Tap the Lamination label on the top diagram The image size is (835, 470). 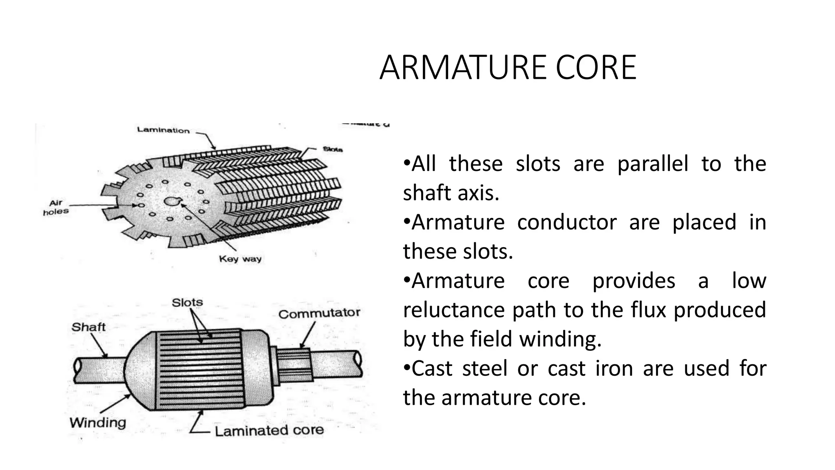[x=163, y=130]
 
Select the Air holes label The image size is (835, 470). [x=55, y=207]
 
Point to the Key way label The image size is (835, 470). [x=240, y=259]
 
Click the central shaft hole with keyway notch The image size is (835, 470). [x=171, y=201]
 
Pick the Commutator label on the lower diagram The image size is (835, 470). [x=319, y=313]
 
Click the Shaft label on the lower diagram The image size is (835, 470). [x=88, y=327]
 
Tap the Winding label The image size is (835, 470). [x=97, y=422]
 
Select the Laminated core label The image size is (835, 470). [x=269, y=430]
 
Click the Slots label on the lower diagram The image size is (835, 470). [x=187, y=302]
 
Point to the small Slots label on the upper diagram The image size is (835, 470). [x=332, y=149]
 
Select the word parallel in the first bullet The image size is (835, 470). [x=652, y=164]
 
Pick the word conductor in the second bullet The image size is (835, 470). [x=566, y=222]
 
